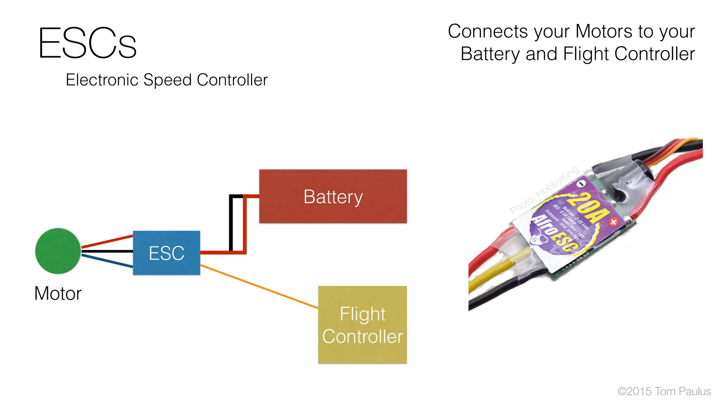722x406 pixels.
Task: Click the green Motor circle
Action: pyautogui.click(x=58, y=251)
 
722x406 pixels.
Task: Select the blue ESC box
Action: pyautogui.click(x=166, y=253)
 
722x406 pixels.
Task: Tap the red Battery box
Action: pyautogui.click(x=333, y=196)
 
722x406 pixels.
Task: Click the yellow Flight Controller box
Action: pyautogui.click(x=362, y=325)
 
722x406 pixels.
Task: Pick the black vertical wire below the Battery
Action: pyautogui.click(x=231, y=226)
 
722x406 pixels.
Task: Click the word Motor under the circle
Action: pyautogui.click(x=58, y=294)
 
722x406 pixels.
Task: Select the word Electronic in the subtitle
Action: pyautogui.click(x=102, y=80)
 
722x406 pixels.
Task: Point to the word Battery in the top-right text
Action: pyautogui.click(x=490, y=54)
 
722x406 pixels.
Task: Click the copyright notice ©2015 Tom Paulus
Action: pyautogui.click(x=664, y=391)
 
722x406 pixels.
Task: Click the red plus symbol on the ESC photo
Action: pyautogui.click(x=613, y=222)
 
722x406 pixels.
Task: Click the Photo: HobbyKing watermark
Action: pyautogui.click(x=544, y=190)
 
